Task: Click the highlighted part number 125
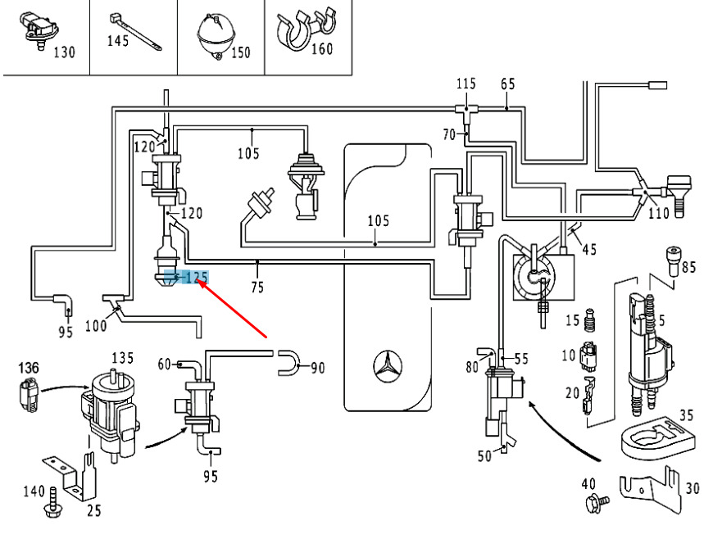point(193,278)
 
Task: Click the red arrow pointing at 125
point(234,307)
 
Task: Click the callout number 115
point(466,84)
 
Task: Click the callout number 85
point(688,266)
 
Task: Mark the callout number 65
point(507,84)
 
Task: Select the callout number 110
point(658,214)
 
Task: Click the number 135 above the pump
point(122,358)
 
